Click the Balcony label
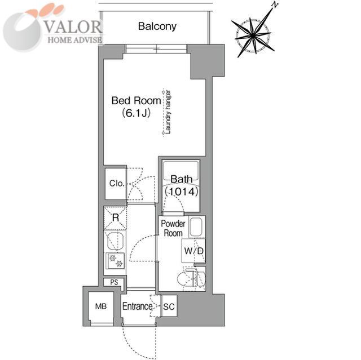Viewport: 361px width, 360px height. [x=157, y=26]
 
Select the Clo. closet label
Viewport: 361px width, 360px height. [x=117, y=184]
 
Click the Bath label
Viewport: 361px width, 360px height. [x=181, y=179]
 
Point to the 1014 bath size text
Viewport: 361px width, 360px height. [x=180, y=192]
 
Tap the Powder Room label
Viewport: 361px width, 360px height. [x=173, y=228]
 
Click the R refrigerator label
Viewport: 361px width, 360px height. [x=115, y=217]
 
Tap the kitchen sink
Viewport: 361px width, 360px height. [x=115, y=242]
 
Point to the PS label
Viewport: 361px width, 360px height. [x=113, y=283]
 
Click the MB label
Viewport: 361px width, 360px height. [x=100, y=306]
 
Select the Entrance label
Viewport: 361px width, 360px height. [x=138, y=306]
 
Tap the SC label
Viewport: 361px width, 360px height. [x=168, y=306]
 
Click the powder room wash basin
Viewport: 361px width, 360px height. [x=197, y=228]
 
